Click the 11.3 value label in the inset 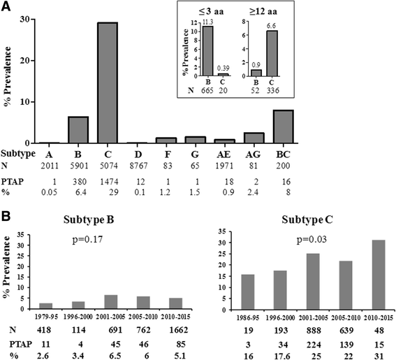207,21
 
